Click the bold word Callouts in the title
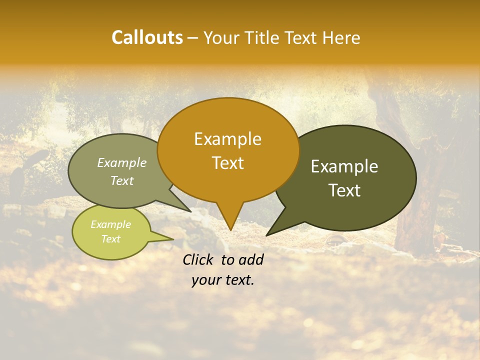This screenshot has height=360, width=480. (147, 37)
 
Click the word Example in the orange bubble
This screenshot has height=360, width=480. (227, 139)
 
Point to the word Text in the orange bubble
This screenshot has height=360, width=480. (227, 162)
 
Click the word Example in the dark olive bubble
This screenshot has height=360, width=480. (344, 166)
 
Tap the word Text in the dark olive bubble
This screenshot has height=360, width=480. (344, 190)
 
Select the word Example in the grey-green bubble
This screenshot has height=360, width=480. (122, 162)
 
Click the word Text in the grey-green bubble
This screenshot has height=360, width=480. (122, 180)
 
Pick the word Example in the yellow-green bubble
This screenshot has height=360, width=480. (110, 224)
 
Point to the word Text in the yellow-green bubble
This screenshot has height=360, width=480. (110, 238)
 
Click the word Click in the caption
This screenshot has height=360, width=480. (199, 259)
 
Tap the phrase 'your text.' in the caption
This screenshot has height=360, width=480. (223, 280)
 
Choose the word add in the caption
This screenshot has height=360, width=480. (251, 259)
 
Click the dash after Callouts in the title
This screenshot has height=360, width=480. (193, 37)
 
